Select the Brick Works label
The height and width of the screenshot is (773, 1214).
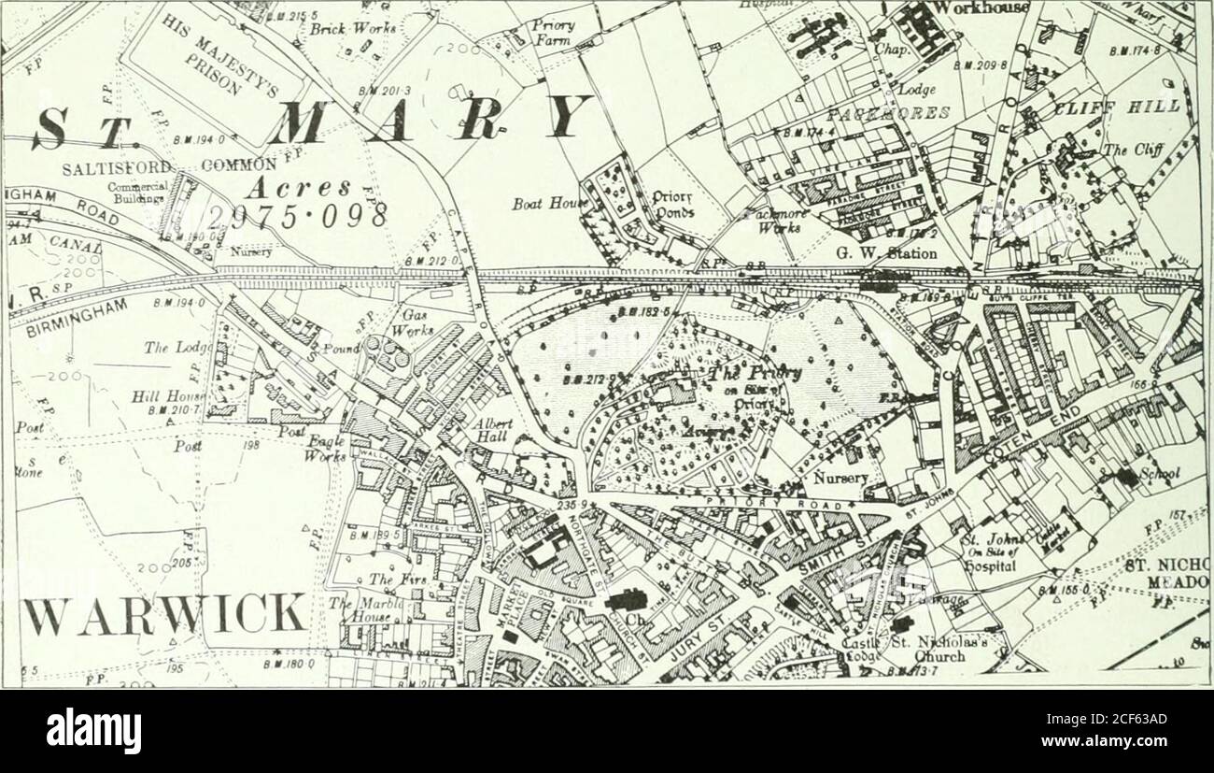coord(342,27)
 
